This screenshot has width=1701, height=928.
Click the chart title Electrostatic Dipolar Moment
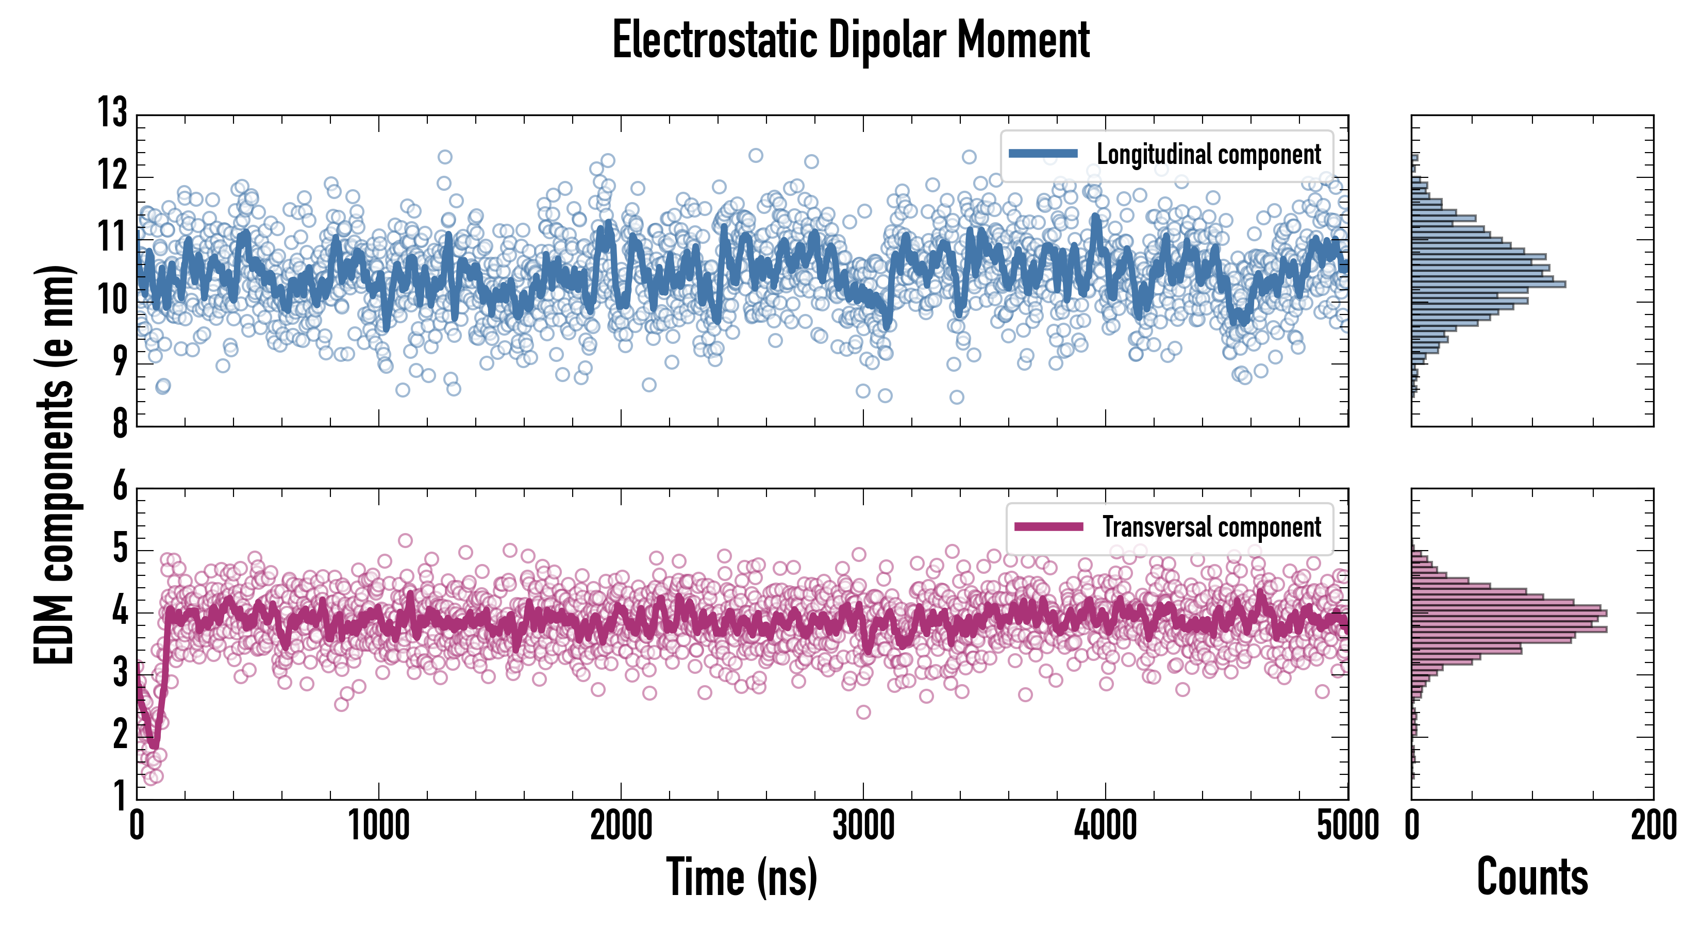click(x=851, y=41)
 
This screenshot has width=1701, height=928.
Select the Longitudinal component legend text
click(x=1208, y=155)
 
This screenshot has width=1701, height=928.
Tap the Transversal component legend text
click(x=1212, y=527)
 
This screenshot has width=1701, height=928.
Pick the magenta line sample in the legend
click(x=1048, y=526)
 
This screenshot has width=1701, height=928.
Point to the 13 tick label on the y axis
click(x=113, y=113)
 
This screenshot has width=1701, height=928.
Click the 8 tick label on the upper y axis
click(x=120, y=423)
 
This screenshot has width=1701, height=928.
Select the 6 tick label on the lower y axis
click(x=120, y=487)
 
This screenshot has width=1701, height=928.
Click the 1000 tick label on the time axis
click(x=378, y=825)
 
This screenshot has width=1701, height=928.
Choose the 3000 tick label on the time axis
click(x=863, y=825)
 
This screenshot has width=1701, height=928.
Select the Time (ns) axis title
click(x=742, y=877)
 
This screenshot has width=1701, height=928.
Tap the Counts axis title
click(x=1532, y=877)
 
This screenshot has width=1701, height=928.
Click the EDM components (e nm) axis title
click(x=54, y=465)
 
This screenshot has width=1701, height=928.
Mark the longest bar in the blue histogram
click(x=1489, y=285)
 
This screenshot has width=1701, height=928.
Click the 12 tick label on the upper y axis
click(x=113, y=176)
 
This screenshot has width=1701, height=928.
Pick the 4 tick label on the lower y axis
click(x=120, y=611)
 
